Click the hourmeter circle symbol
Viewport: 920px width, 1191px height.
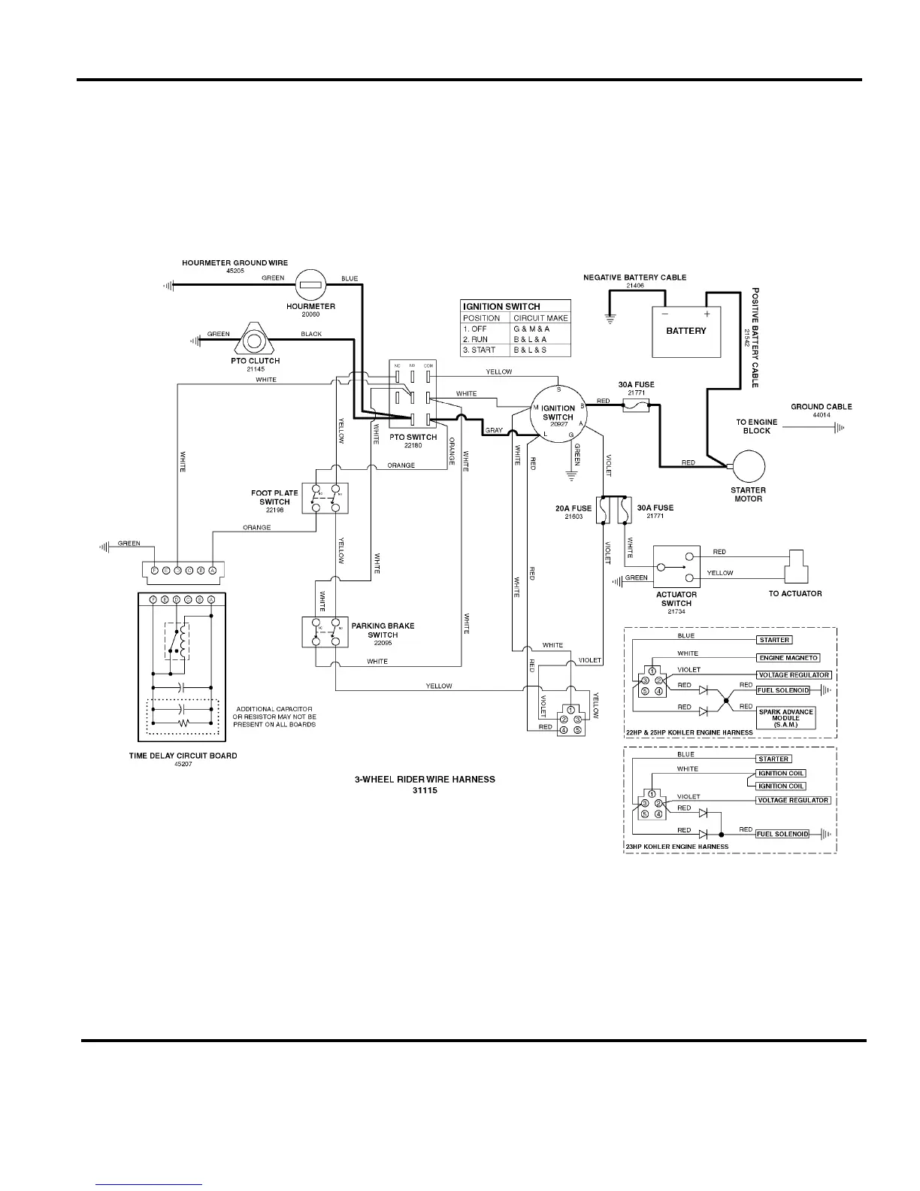pos(310,284)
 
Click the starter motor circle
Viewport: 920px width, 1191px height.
pos(749,466)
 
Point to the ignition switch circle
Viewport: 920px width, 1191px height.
pos(558,412)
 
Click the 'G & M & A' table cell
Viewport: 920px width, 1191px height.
pos(531,329)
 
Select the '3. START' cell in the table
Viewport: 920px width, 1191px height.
pos(479,350)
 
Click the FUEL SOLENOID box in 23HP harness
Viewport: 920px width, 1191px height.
pos(782,834)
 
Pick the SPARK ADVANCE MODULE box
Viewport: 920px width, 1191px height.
pos(785,718)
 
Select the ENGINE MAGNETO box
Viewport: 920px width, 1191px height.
pos(788,658)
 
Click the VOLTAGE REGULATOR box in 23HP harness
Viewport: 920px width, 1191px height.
pos(793,801)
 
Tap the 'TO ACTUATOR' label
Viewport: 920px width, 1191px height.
pos(794,593)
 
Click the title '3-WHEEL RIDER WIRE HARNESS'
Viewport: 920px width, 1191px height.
pos(425,779)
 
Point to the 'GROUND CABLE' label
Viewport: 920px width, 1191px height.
pos(821,407)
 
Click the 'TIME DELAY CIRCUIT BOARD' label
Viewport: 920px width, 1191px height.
pos(183,756)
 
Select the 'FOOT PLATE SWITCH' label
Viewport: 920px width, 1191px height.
pos(274,498)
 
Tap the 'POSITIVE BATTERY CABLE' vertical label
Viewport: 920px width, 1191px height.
pos(755,338)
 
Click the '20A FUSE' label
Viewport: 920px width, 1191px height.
pos(573,508)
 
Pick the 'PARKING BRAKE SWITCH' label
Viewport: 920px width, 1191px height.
pos(383,630)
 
